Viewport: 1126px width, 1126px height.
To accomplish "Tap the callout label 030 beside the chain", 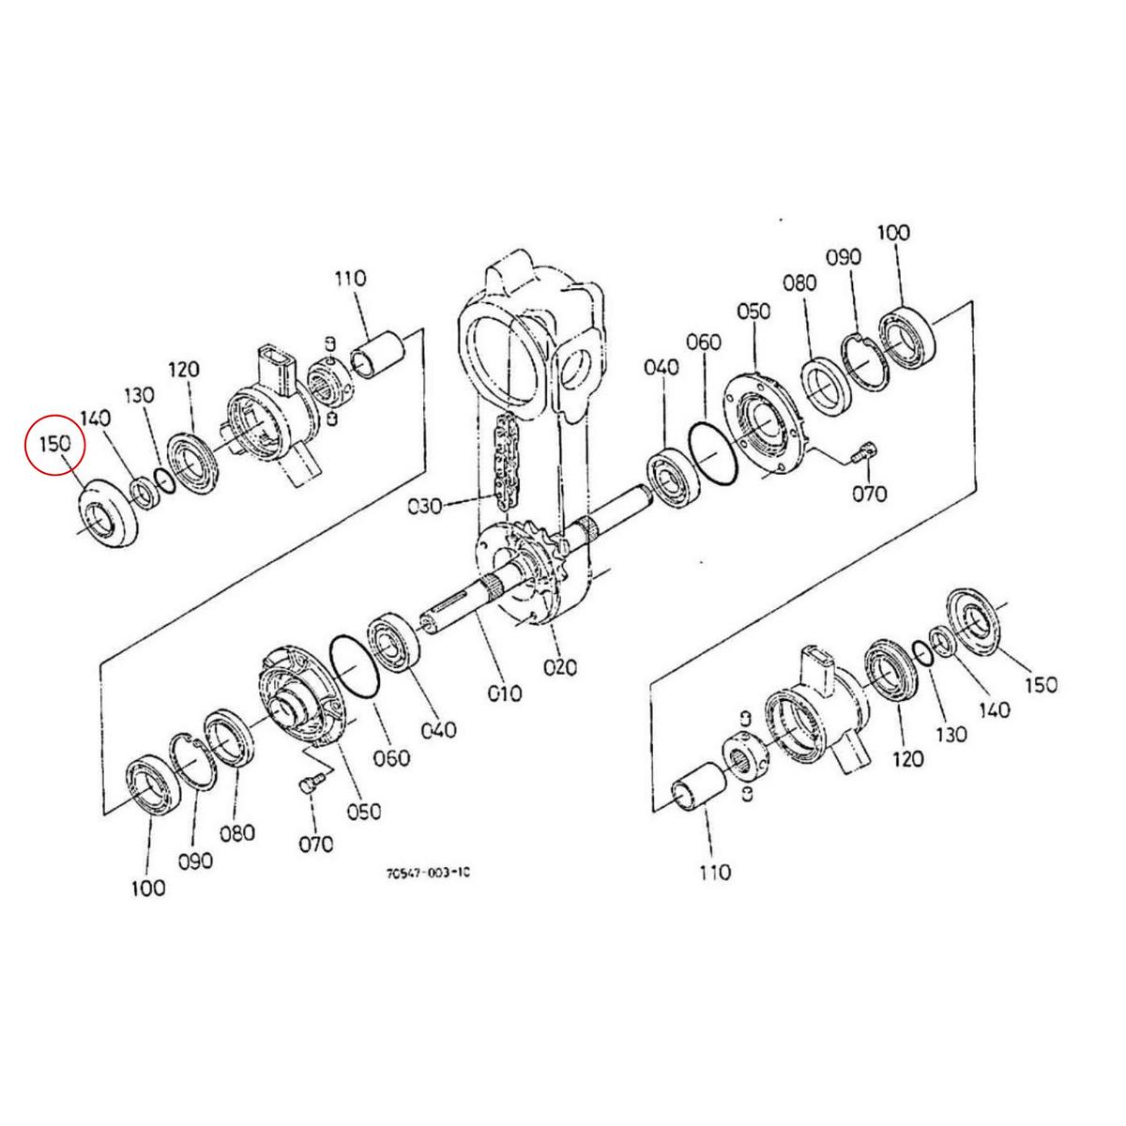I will tap(427, 508).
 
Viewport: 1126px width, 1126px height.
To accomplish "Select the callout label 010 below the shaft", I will tap(504, 693).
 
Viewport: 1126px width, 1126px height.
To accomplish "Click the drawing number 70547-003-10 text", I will tap(427, 872).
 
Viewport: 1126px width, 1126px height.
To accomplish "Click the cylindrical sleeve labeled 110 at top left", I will tap(377, 353).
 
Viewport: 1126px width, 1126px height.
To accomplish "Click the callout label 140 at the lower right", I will tap(995, 709).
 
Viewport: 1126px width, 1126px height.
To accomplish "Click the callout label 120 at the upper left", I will tap(185, 370).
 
